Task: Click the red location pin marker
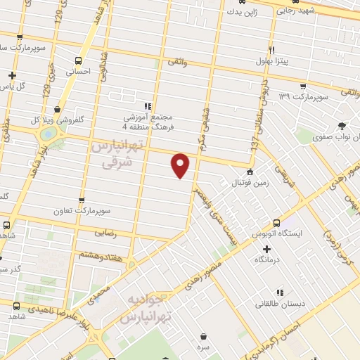tap(181, 165)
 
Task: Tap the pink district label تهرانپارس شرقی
tap(112, 154)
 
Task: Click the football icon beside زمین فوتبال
tap(250, 172)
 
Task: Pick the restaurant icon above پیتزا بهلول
tap(271, 51)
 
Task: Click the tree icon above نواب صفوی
tap(342, 126)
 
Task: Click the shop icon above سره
tap(203, 337)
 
